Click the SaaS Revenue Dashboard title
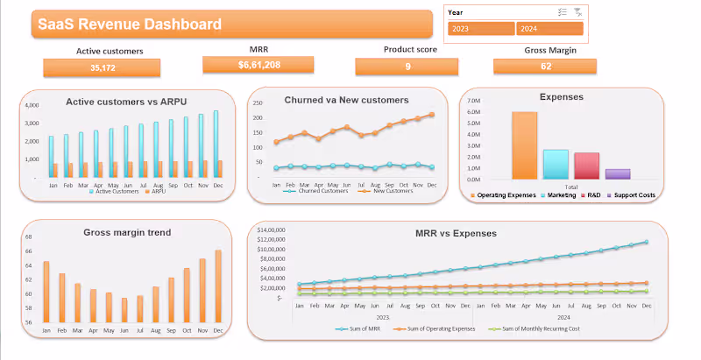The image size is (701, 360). pyautogui.click(x=129, y=25)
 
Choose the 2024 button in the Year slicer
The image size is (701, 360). pyautogui.click(x=549, y=29)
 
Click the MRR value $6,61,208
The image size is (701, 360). pyautogui.click(x=258, y=65)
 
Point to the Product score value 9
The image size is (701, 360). pyautogui.click(x=407, y=67)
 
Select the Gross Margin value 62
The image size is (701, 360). pyautogui.click(x=545, y=67)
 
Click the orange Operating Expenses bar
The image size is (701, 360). pyautogui.click(x=525, y=145)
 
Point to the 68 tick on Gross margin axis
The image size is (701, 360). pyautogui.click(x=28, y=236)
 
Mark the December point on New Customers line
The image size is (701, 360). pyautogui.click(x=431, y=115)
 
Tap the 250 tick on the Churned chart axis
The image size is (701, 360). pyautogui.click(x=258, y=103)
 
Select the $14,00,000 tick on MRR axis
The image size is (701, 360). pyautogui.click(x=275, y=229)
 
